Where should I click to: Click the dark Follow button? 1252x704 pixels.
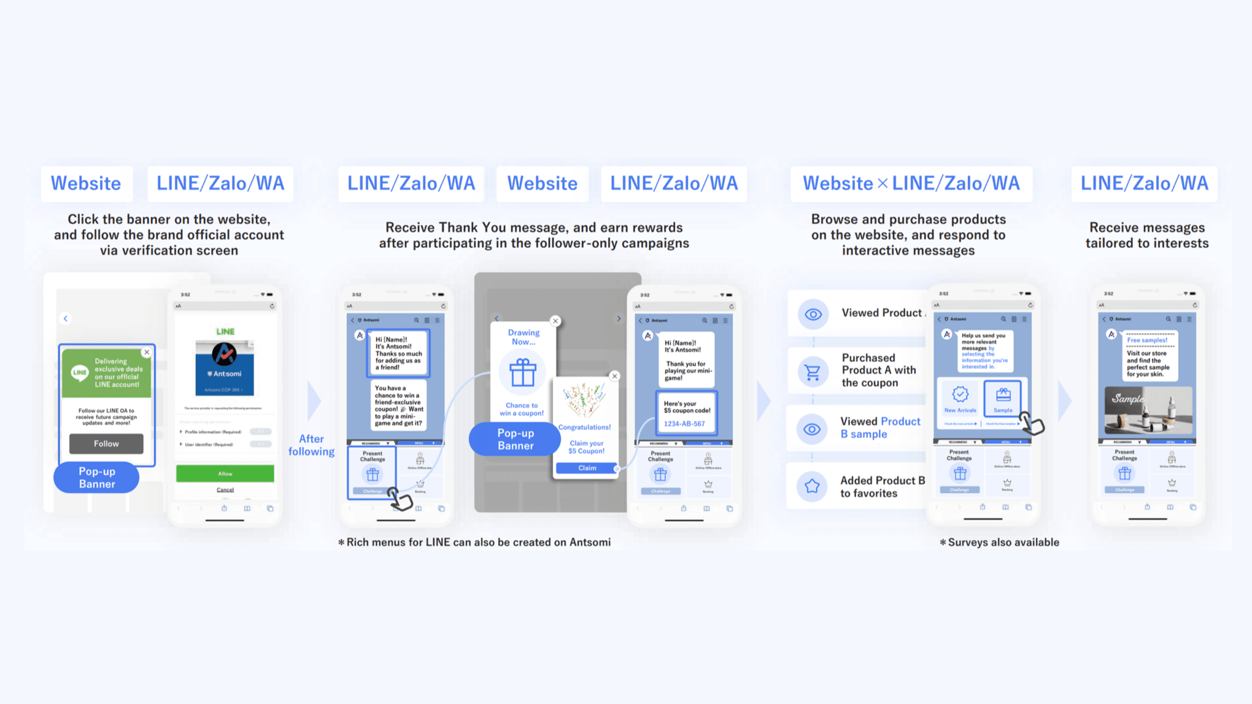point(106,443)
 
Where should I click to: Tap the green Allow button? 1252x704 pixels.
point(225,473)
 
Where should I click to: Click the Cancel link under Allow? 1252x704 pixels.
point(225,489)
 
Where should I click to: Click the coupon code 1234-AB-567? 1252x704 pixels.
point(684,424)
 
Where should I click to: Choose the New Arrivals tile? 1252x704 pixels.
point(960,399)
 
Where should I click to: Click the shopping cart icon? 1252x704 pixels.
point(813,371)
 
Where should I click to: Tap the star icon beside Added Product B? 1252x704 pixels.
point(812,486)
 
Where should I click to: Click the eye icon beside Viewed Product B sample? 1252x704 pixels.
point(812,429)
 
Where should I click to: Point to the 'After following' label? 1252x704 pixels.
point(311,445)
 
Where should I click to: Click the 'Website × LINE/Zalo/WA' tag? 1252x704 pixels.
point(911,183)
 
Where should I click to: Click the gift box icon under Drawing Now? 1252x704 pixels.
point(522,372)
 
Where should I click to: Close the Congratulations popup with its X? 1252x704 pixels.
point(614,376)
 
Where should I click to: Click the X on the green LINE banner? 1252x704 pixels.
point(147,352)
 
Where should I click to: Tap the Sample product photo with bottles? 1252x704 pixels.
point(1148,410)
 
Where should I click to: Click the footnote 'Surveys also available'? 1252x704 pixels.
point(1003,542)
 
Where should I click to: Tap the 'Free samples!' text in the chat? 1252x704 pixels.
point(1146,340)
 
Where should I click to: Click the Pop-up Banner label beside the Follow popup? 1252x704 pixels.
point(96,478)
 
